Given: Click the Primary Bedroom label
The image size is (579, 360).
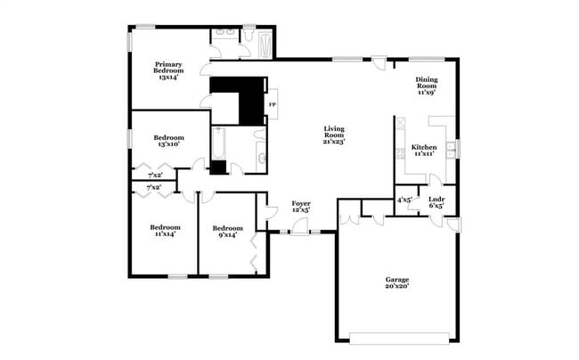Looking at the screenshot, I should pyautogui.click(x=168, y=70).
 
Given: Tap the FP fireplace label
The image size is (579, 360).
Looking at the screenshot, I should pyautogui.click(x=273, y=105).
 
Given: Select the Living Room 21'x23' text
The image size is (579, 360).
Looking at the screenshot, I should pyautogui.click(x=333, y=135).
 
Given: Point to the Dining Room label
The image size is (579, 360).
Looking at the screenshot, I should pyautogui.click(x=427, y=86).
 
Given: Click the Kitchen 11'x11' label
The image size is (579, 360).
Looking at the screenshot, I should pyautogui.click(x=423, y=151).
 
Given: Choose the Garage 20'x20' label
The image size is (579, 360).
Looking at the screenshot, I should pyautogui.click(x=397, y=283).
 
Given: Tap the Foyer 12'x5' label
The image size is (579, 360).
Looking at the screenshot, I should pyautogui.click(x=301, y=208).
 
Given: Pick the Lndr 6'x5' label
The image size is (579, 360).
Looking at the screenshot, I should pyautogui.click(x=436, y=202).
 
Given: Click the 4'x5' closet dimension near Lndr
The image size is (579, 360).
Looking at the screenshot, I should pyautogui.click(x=405, y=200).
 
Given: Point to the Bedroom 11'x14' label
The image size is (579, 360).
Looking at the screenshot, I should pyautogui.click(x=165, y=231).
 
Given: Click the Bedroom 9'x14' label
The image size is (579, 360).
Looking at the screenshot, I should pyautogui.click(x=226, y=231).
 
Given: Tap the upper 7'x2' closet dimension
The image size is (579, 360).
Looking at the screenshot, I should pyautogui.click(x=154, y=175).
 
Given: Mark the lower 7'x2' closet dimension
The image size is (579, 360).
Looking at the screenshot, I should pyautogui.click(x=154, y=188).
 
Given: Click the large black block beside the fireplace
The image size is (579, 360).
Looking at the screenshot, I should pyautogui.click(x=238, y=101).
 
